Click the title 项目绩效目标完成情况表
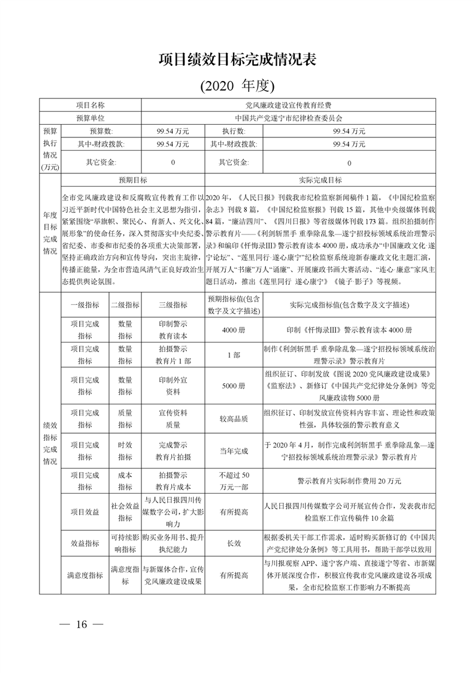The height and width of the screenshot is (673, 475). (x=237, y=60)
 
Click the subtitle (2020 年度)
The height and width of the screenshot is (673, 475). (x=237, y=86)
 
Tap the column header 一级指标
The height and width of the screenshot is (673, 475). (x=84, y=305)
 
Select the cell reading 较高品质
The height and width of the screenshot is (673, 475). (x=233, y=419)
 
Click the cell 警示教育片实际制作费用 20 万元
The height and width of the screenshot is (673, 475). (x=349, y=481)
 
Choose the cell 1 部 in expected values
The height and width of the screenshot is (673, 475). (x=233, y=355)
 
